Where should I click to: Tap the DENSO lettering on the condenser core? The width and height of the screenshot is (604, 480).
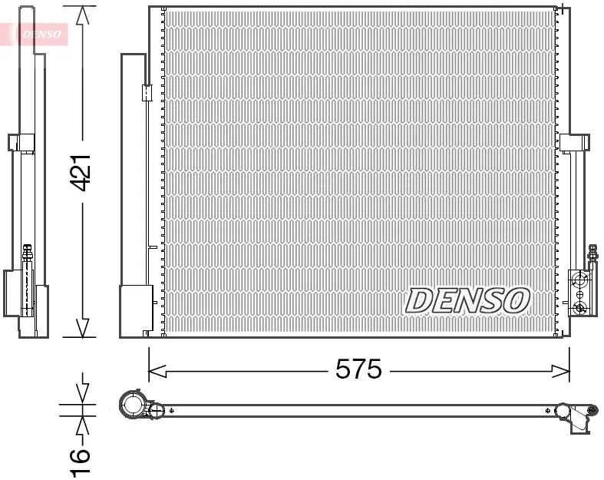(x=467, y=301)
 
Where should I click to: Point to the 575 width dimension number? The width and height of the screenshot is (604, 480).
(x=358, y=370)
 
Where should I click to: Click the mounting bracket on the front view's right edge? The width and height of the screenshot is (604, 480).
(x=575, y=144)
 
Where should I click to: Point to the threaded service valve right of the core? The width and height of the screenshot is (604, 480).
(x=592, y=253)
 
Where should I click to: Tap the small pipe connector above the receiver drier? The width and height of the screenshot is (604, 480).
(x=147, y=93)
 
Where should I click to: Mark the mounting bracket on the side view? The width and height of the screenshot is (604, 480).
(x=21, y=143)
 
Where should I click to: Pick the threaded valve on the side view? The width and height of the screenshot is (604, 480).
(x=28, y=253)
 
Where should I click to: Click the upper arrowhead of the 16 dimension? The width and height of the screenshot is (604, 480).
(x=82, y=394)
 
